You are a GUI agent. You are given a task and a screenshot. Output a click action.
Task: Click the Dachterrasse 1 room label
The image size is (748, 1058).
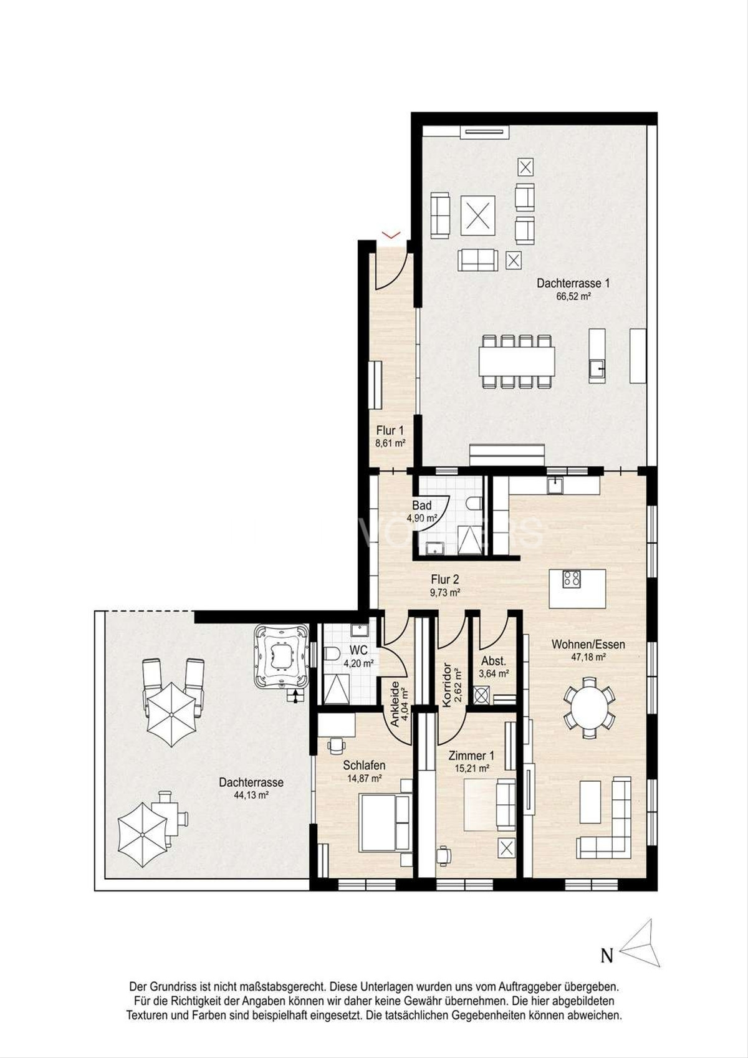[573, 284]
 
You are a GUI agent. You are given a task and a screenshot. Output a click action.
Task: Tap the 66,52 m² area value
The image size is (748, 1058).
[573, 297]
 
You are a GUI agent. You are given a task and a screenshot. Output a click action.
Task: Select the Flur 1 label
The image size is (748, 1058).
[390, 431]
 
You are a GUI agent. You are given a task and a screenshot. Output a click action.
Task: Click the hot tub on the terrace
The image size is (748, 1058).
[281, 657]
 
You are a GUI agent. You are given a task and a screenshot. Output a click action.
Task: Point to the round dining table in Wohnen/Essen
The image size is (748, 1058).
[590, 707]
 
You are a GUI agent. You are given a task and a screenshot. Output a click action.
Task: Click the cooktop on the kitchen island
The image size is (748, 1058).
[572, 580]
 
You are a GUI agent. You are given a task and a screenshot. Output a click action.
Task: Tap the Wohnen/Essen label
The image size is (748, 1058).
[588, 644]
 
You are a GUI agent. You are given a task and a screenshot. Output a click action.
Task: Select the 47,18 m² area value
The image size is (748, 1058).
[588, 657]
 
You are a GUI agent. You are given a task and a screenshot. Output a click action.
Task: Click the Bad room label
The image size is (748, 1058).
[422, 506]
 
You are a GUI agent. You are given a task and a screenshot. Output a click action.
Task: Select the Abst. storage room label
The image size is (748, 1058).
[494, 661]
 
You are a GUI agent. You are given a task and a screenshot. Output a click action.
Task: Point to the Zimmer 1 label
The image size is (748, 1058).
[471, 756]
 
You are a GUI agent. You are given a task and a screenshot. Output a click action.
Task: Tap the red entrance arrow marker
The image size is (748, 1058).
[391, 234]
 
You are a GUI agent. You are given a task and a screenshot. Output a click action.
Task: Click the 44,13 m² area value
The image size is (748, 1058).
[251, 795]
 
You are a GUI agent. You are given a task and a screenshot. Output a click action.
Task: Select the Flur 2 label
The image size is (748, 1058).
[445, 579]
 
